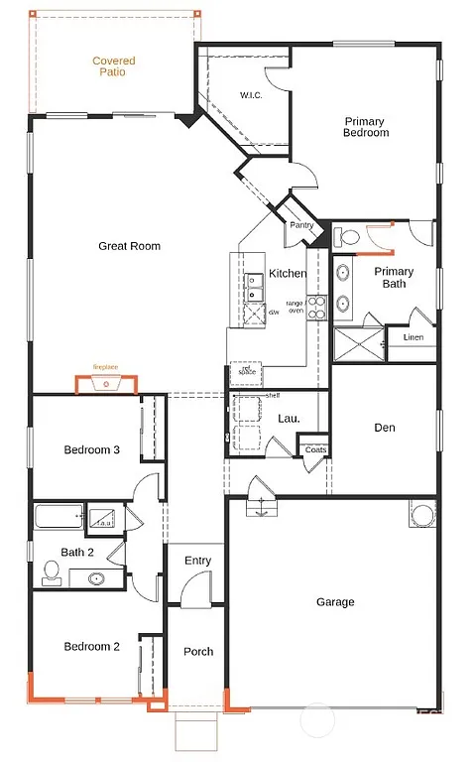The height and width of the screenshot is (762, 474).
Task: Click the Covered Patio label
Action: [x=114, y=66]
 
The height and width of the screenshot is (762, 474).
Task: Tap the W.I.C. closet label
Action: [x=250, y=96]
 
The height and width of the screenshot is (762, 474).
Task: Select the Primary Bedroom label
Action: [x=365, y=127]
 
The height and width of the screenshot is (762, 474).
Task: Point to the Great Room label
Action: [x=129, y=246]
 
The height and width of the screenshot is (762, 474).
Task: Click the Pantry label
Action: [x=301, y=226]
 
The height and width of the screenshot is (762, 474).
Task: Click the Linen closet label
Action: [x=414, y=338]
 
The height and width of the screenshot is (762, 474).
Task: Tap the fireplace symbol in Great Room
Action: [x=106, y=382]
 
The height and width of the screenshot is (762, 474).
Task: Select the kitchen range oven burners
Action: [x=317, y=308]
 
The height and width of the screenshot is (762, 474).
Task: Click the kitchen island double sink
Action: [x=255, y=289]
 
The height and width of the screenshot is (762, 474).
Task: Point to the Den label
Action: [x=385, y=428]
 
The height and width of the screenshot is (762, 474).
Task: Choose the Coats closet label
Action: [x=315, y=449]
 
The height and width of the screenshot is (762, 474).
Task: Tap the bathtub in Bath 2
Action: [x=59, y=518]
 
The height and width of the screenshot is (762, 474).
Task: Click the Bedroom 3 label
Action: [x=92, y=449]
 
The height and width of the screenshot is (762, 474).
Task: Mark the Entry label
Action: [x=197, y=561]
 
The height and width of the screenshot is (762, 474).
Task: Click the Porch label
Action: [x=197, y=652]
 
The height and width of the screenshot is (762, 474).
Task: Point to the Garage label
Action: [x=335, y=602]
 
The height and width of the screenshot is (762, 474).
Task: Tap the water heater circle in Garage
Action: [x=421, y=516]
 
